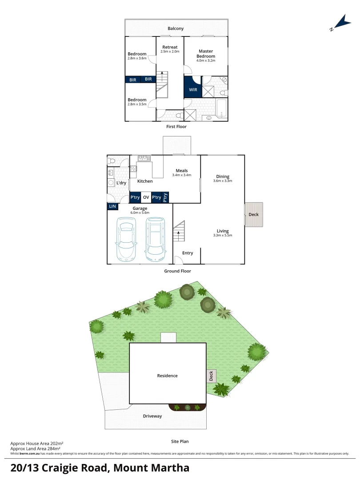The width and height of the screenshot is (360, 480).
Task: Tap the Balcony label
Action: point(176,28)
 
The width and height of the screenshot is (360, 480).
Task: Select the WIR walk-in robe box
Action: point(193,89)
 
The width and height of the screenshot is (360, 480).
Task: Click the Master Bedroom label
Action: point(206,54)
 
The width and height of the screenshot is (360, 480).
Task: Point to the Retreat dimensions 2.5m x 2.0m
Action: point(170,52)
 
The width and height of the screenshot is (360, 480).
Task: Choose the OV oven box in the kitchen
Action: point(146,197)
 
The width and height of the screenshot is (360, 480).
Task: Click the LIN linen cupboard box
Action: point(112,206)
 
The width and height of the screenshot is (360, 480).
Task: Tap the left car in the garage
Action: point(126,239)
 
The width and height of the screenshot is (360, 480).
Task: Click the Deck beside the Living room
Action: point(254,215)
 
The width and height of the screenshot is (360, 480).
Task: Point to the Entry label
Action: point(188,253)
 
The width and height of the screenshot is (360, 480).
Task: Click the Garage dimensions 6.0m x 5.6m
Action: point(140,213)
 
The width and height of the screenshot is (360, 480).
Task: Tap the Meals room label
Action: point(181,171)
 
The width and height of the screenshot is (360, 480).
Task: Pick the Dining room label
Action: point(223,176)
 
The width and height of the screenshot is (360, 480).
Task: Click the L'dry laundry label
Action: point(121,183)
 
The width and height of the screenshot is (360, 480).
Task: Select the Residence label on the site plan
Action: point(167,376)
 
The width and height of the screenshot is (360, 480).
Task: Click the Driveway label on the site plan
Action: point(152,416)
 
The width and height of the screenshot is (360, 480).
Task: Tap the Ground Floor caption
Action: point(178,271)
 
